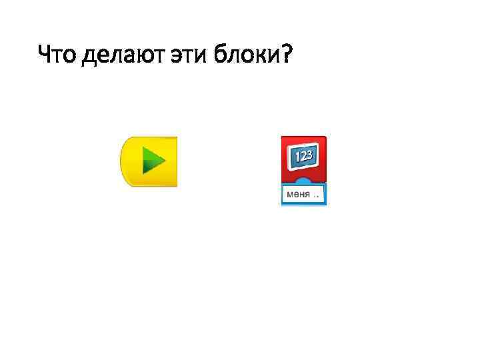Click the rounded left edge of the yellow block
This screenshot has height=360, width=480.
tap(124, 161)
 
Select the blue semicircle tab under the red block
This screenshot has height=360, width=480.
tap(303, 182)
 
